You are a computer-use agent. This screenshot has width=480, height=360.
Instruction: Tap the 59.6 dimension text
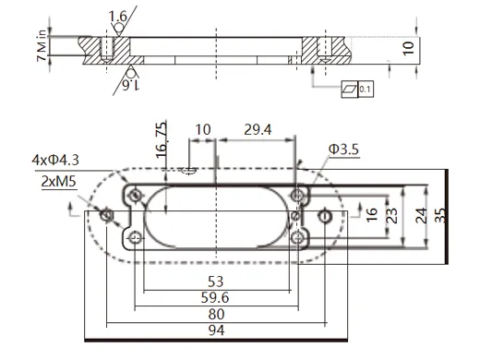point(215,297)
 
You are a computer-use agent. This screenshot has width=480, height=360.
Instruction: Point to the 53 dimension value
point(215,281)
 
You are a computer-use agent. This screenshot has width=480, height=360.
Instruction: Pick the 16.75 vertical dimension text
point(162,140)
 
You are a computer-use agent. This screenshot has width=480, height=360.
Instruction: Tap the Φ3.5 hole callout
point(342,148)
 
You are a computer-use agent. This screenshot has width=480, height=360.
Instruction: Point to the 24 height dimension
point(420,214)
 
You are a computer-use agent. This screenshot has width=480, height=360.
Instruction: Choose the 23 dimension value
point(392,215)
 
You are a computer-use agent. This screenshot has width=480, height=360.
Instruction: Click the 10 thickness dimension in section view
point(408,45)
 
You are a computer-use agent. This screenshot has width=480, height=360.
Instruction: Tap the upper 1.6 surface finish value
point(118,17)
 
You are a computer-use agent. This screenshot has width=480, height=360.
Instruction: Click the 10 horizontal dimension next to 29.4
point(202,131)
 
